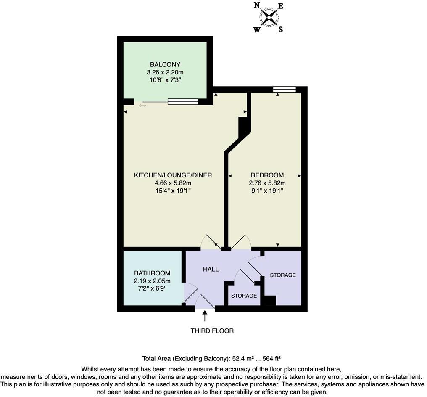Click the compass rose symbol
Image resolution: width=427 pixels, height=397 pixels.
tap(269, 17)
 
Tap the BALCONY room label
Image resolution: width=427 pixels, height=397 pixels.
tap(165, 64)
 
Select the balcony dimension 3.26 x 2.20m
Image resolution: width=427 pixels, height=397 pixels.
tap(165, 72)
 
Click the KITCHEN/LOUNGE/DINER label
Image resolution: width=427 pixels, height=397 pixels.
tap(173, 175)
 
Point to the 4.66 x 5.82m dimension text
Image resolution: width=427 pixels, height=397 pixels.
tap(173, 183)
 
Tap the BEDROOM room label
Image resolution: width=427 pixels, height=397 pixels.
tap(267, 175)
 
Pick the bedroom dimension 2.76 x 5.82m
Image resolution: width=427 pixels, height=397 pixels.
tap(267, 183)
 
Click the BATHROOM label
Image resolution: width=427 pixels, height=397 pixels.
tap(152, 273)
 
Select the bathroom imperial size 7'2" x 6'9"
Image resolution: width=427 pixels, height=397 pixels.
tap(152, 288)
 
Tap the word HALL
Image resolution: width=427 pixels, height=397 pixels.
tap(211, 269)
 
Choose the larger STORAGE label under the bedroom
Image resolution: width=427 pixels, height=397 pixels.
tap(283, 275)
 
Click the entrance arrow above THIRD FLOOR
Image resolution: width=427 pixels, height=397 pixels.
tap(205, 315)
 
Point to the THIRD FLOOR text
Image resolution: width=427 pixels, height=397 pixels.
tap(212, 331)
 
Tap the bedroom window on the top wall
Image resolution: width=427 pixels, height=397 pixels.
tap(284, 89)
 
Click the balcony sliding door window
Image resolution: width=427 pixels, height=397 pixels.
tap(183, 101)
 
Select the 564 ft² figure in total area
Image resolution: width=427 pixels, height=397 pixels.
tap(271, 359)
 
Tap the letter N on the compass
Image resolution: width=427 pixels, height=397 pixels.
tap(256, 5)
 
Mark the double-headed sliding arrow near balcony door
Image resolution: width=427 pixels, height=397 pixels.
tap(142, 105)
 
